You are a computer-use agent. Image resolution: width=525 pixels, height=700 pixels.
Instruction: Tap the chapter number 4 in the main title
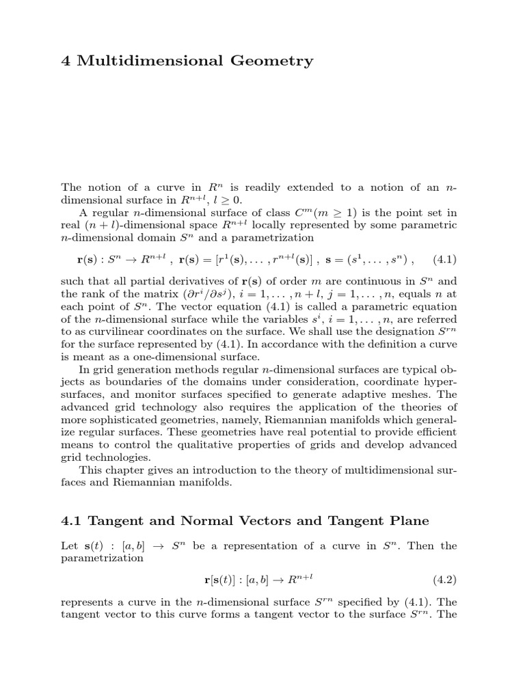66,61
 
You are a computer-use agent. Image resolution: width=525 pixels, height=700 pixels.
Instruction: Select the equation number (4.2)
444,580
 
